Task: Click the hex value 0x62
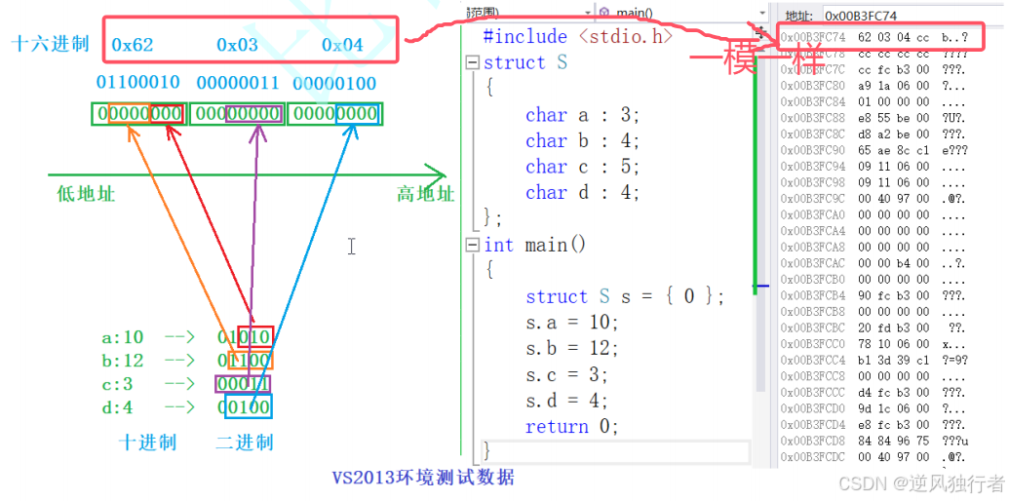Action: [x=133, y=45]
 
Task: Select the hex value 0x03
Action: [x=237, y=45]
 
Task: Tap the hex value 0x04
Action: [x=342, y=45]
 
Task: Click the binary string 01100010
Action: [x=138, y=84]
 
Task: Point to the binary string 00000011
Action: [x=238, y=84]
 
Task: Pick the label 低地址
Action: [x=86, y=194]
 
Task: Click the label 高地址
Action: [x=426, y=194]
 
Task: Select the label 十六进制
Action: [x=50, y=44]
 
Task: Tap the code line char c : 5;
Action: [x=582, y=167]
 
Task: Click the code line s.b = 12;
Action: [x=571, y=348]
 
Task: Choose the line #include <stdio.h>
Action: [x=578, y=37]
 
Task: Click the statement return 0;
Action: [x=571, y=427]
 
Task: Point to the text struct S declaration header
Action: [x=525, y=63]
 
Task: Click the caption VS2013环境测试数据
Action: [x=422, y=478]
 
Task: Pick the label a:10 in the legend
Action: [x=123, y=338]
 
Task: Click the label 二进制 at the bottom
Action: [x=245, y=443]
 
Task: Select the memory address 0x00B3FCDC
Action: [x=812, y=455]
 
